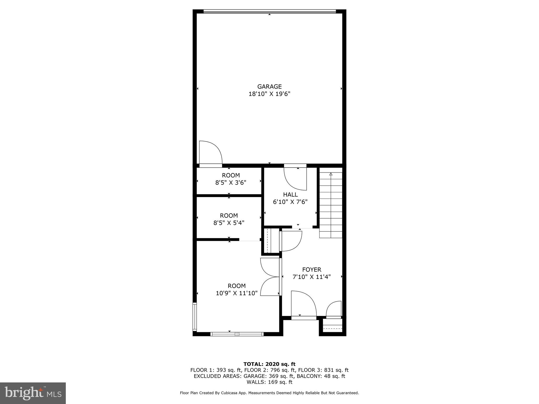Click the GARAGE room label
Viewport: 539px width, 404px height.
pyautogui.click(x=269, y=87)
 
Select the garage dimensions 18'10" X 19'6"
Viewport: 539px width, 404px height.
pyautogui.click(x=269, y=94)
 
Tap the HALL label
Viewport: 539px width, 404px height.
pyautogui.click(x=290, y=195)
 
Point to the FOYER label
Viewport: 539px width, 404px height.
pyautogui.click(x=312, y=270)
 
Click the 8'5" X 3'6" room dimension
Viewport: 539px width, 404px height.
pyautogui.click(x=231, y=183)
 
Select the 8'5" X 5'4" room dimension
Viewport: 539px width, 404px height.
pyautogui.click(x=229, y=223)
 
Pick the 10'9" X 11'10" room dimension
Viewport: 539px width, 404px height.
pyautogui.click(x=237, y=293)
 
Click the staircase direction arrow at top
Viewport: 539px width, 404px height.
pyautogui.click(x=331, y=174)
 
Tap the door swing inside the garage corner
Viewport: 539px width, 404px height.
pyautogui.click(x=211, y=154)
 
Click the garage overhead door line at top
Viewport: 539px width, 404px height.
pyautogui.click(x=269, y=11)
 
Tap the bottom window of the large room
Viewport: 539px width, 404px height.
pyautogui.click(x=237, y=334)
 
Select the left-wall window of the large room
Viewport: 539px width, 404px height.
pyautogui.click(x=195, y=317)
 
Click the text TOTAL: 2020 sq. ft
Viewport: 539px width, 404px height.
pyautogui.click(x=269, y=364)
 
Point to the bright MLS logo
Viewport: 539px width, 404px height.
pyautogui.click(x=33, y=393)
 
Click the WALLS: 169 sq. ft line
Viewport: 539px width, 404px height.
pyautogui.click(x=269, y=382)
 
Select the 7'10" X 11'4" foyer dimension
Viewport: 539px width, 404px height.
pyautogui.click(x=312, y=277)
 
